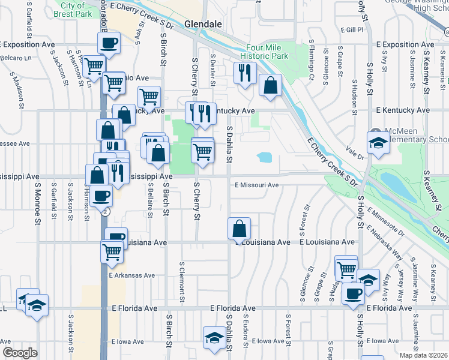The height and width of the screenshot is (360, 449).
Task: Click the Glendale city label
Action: (x=203, y=24)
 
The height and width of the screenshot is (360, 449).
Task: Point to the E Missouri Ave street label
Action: (x=257, y=185)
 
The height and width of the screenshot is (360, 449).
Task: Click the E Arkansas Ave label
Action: (x=132, y=275)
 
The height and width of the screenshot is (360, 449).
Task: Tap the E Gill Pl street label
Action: (x=352, y=29)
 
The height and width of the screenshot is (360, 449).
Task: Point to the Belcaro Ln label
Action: (x=16, y=58)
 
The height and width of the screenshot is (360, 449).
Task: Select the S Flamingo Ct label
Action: (x=312, y=60)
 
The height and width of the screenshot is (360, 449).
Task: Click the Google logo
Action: (x=20, y=352)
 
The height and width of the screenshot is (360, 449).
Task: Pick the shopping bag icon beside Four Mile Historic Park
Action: (x=271, y=86)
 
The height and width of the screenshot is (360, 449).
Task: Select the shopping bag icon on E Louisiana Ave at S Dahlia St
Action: (x=240, y=229)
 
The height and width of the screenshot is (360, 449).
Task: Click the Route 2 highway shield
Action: (x=106, y=212)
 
